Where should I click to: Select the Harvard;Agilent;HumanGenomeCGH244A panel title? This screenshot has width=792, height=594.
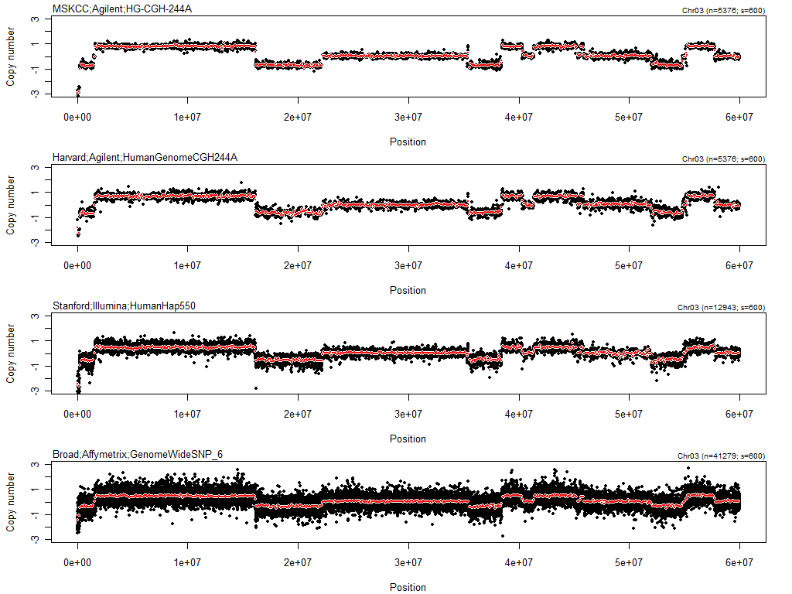(x=145, y=157)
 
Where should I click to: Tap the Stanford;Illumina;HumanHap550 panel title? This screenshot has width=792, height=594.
(x=124, y=306)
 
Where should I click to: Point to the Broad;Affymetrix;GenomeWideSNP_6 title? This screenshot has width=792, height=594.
(x=138, y=454)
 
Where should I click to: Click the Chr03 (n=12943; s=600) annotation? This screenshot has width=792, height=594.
(x=721, y=308)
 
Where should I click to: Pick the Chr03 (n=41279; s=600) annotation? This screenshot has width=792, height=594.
(x=721, y=456)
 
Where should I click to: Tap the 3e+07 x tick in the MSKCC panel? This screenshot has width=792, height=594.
(x=408, y=117)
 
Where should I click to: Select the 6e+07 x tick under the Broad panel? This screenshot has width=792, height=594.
(x=739, y=562)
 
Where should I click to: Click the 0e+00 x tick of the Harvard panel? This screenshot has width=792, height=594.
(x=77, y=265)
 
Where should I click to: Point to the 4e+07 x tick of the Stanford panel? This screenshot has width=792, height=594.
(x=518, y=414)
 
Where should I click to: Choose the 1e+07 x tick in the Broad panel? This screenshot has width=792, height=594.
(x=187, y=562)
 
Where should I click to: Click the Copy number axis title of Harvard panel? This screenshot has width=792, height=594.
(x=11, y=204)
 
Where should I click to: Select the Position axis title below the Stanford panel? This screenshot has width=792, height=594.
(x=408, y=439)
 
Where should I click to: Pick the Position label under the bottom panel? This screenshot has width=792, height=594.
(x=408, y=587)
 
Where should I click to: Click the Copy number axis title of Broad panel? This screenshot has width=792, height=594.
(x=11, y=501)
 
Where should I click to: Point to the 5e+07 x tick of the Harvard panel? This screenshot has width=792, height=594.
(x=629, y=265)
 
